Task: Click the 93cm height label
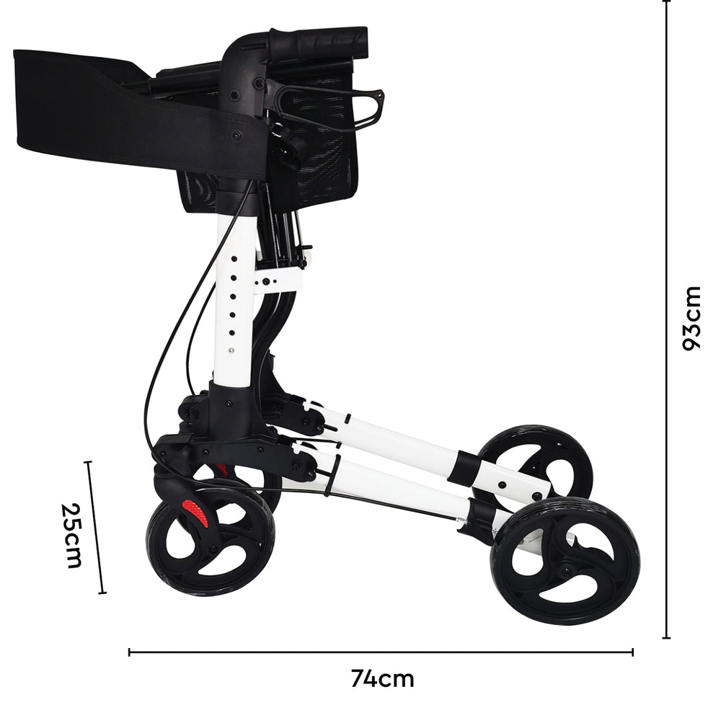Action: click(691, 318)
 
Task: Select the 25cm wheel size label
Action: click(71, 535)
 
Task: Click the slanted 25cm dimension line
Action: click(96, 526)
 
